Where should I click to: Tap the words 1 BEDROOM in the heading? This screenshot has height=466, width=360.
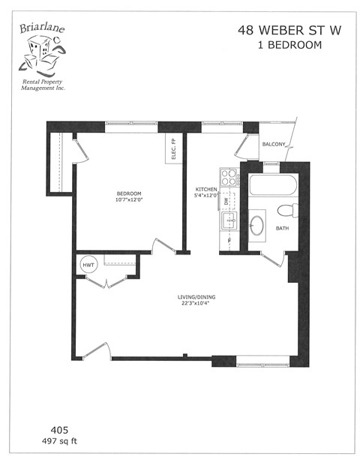[280, 45]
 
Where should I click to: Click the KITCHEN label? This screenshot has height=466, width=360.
[206, 189]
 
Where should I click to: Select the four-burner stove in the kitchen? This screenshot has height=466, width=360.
[228, 178]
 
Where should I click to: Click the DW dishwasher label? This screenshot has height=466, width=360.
[226, 201]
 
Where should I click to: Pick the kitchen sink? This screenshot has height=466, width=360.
[228, 221]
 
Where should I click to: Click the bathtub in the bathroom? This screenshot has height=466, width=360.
[273, 185]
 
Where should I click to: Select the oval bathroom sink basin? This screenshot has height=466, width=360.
[257, 224]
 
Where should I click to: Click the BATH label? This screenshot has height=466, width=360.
[283, 228]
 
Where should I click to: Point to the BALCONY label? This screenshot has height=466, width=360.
[273, 146]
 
